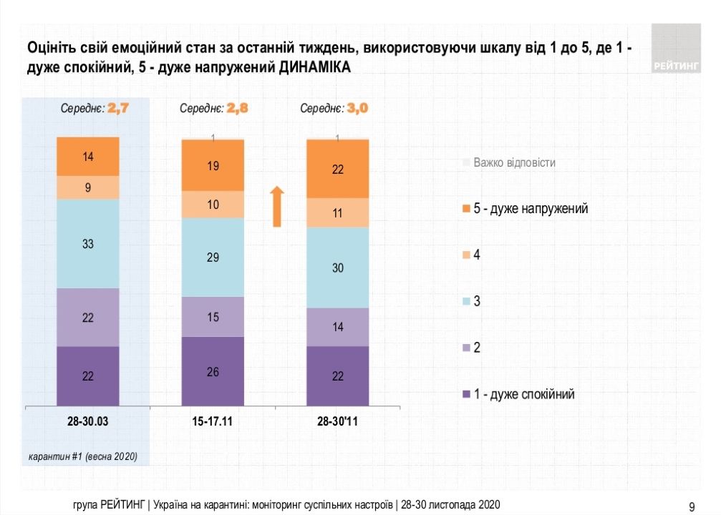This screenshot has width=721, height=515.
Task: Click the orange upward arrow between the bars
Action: pyautogui.click(x=278, y=207)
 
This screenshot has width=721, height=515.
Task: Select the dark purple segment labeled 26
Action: pyautogui.click(x=213, y=371)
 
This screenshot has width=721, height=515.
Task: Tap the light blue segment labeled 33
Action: pyautogui.click(x=88, y=243)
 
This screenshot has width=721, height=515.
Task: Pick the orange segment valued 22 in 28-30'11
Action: pyautogui.click(x=338, y=169)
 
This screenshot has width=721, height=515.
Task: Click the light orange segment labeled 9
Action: pyautogui.click(x=88, y=187)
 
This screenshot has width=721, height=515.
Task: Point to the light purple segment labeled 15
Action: pyautogui.click(x=213, y=316)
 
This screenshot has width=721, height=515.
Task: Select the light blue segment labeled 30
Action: pyautogui.click(x=338, y=268)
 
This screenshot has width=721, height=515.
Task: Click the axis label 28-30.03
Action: pyautogui.click(x=88, y=422)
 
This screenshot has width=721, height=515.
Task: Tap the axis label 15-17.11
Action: pyautogui.click(x=213, y=422)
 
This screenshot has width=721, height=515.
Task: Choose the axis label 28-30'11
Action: pyautogui.click(x=338, y=422)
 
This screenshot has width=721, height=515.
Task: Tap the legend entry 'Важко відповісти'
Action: pyautogui.click(x=514, y=162)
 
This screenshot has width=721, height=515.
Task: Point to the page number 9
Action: pyautogui.click(x=692, y=506)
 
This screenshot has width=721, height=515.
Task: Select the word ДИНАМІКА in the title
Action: pyautogui.click(x=315, y=67)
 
